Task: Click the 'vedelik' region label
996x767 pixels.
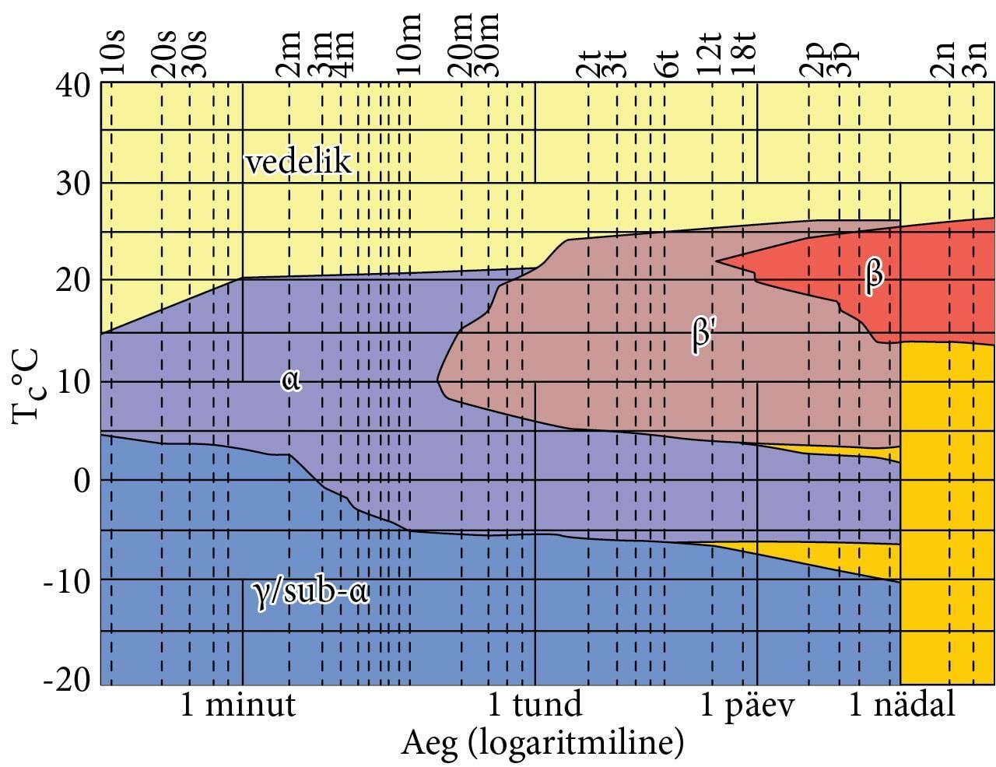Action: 298,163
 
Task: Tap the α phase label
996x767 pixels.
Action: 291,380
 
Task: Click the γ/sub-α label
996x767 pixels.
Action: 310,593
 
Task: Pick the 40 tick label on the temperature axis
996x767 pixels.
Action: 74,83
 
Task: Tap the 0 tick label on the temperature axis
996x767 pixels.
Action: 82,480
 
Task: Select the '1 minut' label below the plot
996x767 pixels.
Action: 238,706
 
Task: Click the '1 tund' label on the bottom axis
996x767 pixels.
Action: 534,706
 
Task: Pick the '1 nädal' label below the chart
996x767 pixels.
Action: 900,706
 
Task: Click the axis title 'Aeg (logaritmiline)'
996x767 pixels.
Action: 542,744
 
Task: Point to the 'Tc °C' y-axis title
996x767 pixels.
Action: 28,387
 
